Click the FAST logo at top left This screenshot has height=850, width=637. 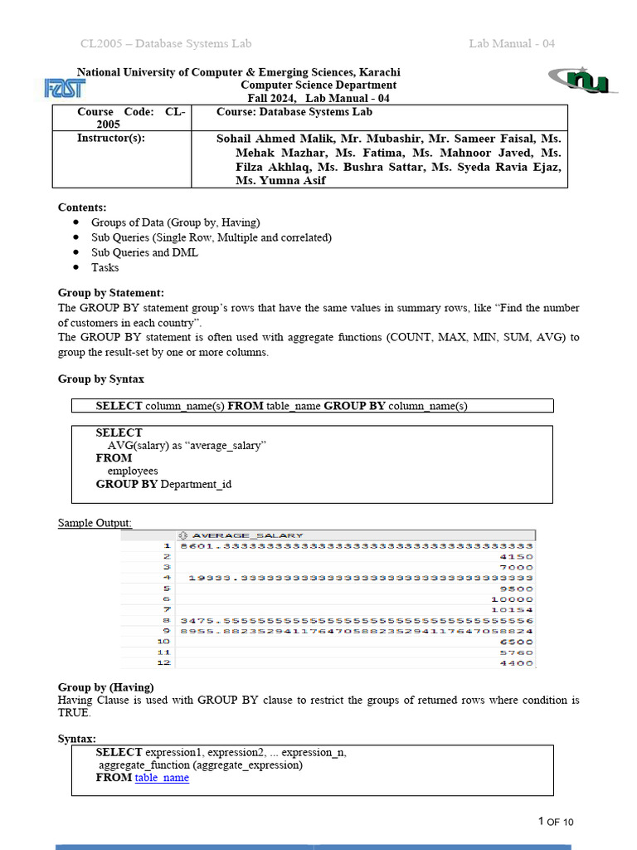coord(64,87)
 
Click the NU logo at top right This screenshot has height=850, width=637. coord(581,80)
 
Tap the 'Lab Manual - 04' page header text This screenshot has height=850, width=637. coord(512,43)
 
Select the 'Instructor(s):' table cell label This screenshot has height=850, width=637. coord(110,138)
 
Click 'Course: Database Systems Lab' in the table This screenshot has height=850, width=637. coord(294,111)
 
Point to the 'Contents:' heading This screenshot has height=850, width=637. coord(82,208)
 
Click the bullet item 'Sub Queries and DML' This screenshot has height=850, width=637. coord(144,252)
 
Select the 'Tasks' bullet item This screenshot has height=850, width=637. coord(105,267)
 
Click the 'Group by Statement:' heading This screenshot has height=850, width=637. coord(111,293)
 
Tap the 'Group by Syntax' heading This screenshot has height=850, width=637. coord(100,379)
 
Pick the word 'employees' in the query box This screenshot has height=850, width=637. coord(133,471)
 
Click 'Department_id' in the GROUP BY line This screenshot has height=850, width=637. coord(196,484)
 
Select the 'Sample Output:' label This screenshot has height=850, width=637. coord(95,523)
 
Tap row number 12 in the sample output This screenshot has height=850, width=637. coord(163,662)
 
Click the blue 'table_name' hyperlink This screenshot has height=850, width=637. coord(162,778)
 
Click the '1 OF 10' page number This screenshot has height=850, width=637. coord(556,822)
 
